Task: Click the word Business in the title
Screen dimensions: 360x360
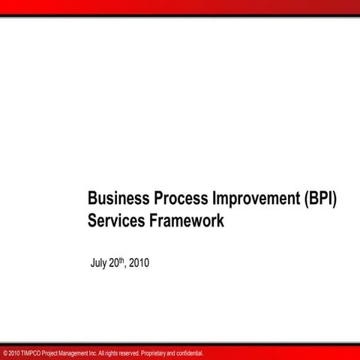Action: (118, 199)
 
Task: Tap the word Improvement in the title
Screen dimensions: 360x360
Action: (256, 199)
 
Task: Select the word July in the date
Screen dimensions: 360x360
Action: (98, 263)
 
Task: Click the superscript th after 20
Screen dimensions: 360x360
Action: (124, 260)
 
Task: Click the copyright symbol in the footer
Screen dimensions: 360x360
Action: (5, 352)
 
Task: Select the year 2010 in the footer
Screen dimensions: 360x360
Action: (15, 352)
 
